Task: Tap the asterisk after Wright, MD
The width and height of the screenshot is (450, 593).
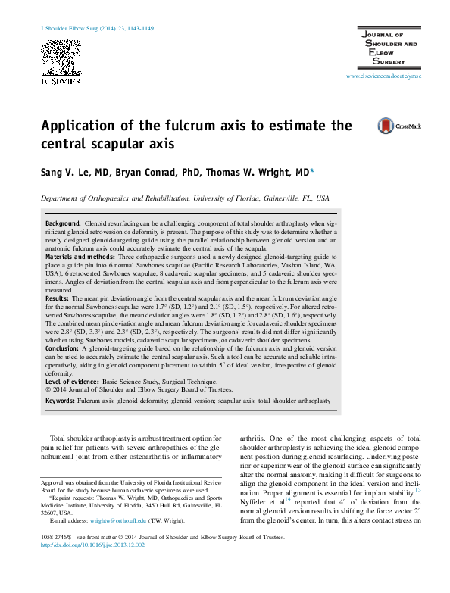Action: [x=313, y=171]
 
